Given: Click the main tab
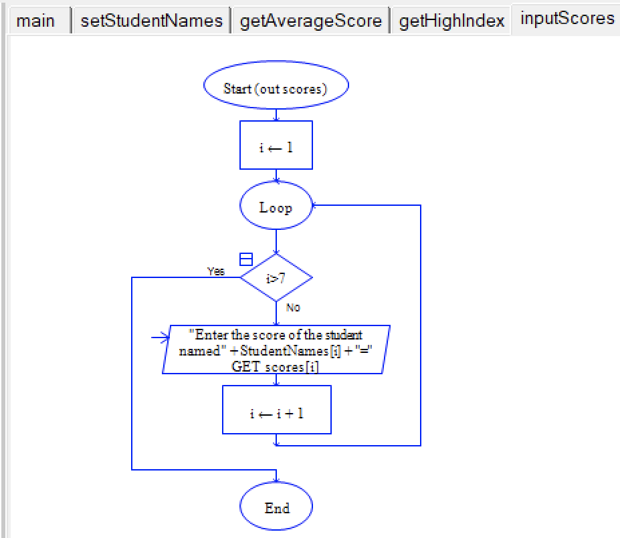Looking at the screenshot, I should click(x=35, y=21).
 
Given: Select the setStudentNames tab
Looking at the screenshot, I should click(x=151, y=21).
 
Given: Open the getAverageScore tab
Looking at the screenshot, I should click(x=310, y=21).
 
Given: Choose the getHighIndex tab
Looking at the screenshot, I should click(x=451, y=21).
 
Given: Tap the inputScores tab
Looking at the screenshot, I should click(x=566, y=19).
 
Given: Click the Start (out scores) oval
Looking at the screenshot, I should click(x=276, y=89).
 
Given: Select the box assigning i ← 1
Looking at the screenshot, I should click(x=276, y=146).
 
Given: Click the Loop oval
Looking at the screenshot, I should click(x=276, y=208).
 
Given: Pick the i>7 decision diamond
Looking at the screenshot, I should click(x=276, y=278).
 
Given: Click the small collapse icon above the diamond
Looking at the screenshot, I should click(x=246, y=259).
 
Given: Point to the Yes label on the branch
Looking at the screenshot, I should click(x=216, y=271).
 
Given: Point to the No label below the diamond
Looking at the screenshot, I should click(x=293, y=308).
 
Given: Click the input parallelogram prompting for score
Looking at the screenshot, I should click(x=276, y=350).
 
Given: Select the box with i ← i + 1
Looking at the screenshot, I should click(x=276, y=413).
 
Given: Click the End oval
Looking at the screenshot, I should click(x=276, y=509).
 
